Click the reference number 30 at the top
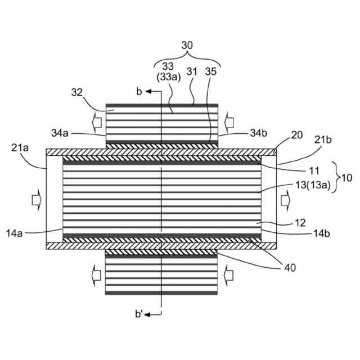[x=187, y=44]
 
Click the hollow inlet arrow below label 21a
[x=35, y=199]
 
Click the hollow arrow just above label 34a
[x=93, y=119]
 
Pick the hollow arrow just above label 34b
[x=229, y=119]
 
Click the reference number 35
[x=210, y=71]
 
